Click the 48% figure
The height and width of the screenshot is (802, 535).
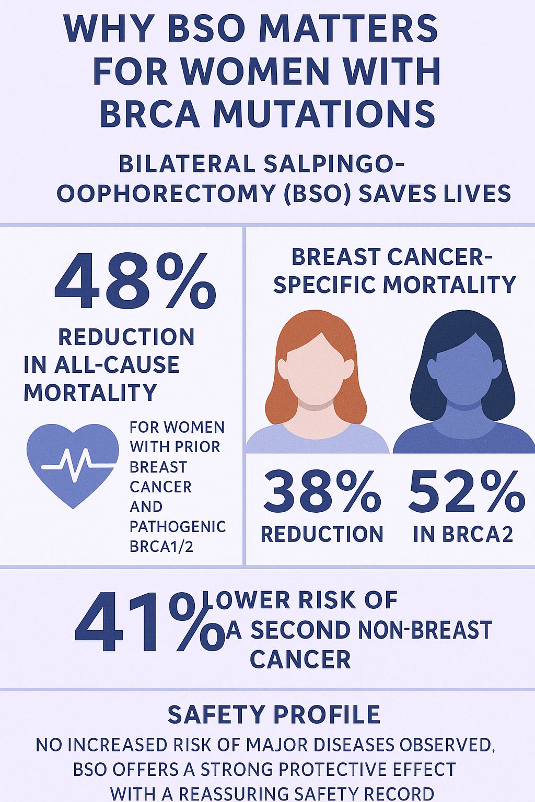pos(135,281)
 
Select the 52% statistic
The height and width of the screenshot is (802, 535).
pos(467,491)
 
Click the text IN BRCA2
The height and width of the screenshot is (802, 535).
pos(463,535)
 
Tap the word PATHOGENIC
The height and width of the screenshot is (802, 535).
pos(178,527)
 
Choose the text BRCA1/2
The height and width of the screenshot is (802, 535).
pos(161,547)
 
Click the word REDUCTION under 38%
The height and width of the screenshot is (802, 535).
pos(322,535)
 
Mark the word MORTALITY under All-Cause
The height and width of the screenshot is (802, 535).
pos(90,393)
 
